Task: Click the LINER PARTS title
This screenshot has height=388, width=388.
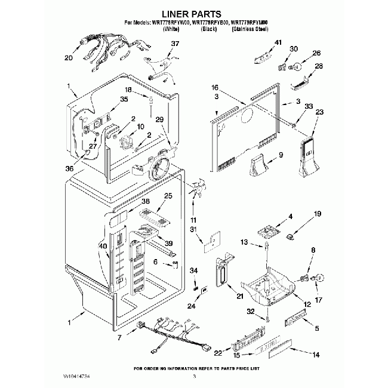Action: tap(193, 13)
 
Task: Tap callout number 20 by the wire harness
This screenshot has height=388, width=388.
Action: tap(68, 58)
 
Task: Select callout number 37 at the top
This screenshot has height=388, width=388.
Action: tap(175, 44)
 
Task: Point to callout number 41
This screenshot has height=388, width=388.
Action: tap(278, 42)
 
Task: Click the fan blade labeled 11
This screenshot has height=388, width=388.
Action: tap(195, 192)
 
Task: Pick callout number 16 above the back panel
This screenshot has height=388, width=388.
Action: tap(215, 88)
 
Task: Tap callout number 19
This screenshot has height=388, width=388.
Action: tap(318, 213)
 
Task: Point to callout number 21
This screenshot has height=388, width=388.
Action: tap(240, 296)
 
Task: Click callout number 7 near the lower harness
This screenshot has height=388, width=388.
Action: tap(120, 338)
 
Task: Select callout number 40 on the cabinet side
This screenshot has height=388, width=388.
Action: tap(103, 246)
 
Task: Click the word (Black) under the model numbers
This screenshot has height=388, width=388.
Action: tap(208, 29)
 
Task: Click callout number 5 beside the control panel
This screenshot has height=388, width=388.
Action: tap(316, 328)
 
